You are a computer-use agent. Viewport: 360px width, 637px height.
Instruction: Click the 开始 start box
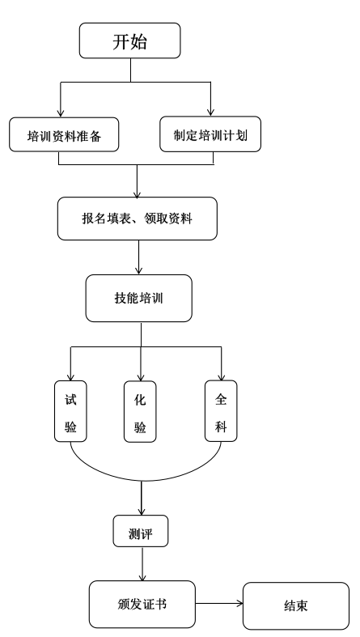130,40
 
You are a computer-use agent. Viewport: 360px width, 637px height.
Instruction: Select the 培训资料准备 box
64,135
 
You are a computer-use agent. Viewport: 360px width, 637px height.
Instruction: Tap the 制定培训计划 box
210,134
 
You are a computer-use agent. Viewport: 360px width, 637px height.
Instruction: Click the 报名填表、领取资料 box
138,219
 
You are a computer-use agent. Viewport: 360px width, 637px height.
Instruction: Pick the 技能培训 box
139,298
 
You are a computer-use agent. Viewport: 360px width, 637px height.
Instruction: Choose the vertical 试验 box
70,411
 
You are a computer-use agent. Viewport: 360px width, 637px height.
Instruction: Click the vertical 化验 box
140,411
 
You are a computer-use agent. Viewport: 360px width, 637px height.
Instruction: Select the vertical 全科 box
221,410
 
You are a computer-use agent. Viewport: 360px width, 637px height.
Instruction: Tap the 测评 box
141,531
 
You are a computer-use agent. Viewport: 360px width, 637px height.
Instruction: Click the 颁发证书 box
142,604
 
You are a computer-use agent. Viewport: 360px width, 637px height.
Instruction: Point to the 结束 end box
296,605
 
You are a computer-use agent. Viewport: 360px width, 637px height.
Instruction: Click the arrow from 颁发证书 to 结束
219,604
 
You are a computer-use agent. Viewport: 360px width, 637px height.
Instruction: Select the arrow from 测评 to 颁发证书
142,564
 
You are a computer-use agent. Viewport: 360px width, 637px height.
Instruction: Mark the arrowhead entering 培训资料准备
61,113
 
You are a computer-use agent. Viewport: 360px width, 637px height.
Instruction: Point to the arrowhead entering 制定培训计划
210,113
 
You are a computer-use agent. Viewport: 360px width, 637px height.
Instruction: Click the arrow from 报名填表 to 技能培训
139,257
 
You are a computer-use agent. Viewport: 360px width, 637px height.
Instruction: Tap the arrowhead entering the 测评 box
142,511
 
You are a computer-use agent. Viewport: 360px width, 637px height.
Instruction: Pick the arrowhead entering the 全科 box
221,376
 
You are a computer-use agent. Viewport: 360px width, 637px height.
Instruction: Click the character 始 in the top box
139,41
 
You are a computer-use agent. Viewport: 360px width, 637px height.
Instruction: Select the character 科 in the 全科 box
221,427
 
